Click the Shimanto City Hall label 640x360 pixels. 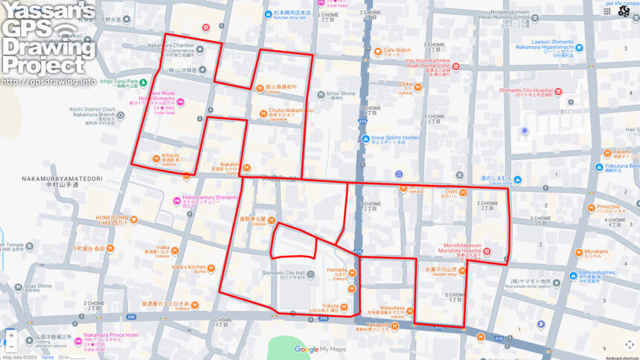[x=284, y=274]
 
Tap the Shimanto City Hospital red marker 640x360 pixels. [x=558, y=92]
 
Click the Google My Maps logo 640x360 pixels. [x=321, y=349]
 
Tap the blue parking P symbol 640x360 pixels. [x=525, y=131]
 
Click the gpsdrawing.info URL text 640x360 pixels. [x=48, y=81]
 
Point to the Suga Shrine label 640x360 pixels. [x=38, y=286]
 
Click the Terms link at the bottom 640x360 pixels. [x=47, y=357]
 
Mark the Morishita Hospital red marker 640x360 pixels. [x=487, y=252]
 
